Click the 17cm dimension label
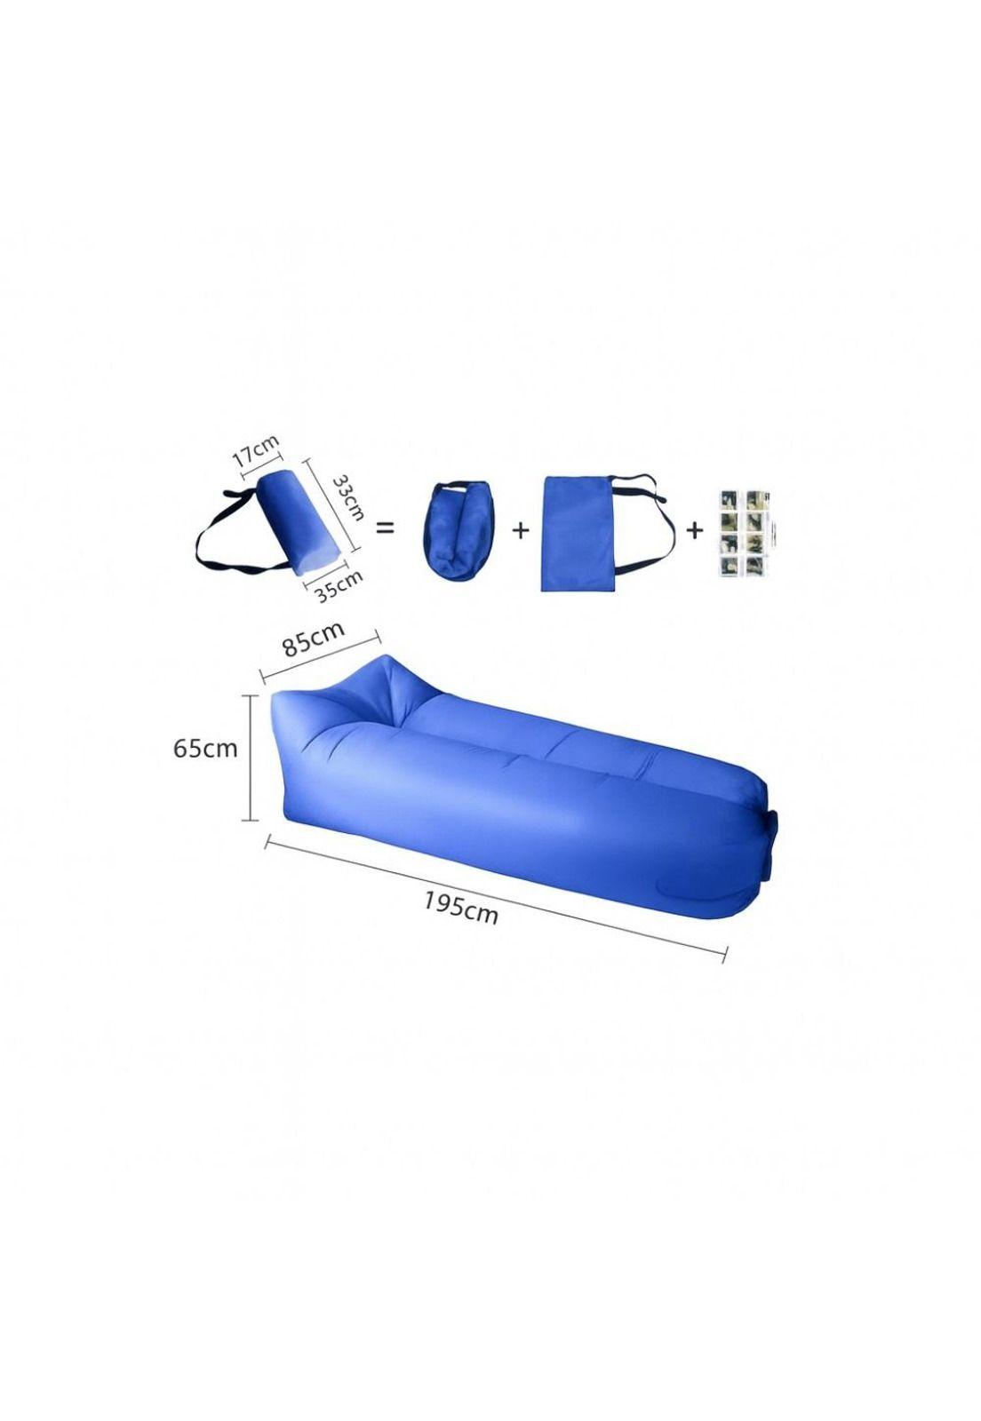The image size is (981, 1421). (256, 449)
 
